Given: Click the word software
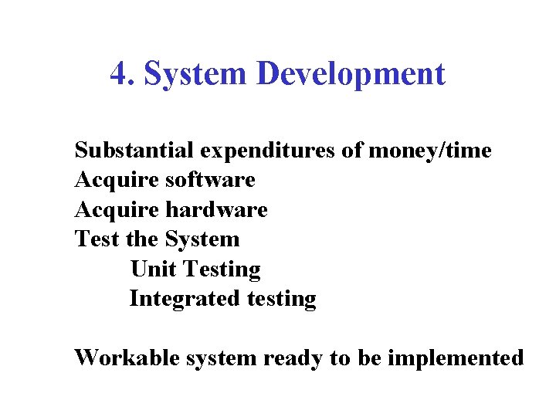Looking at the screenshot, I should (x=210, y=180).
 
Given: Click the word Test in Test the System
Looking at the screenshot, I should (x=94, y=239).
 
